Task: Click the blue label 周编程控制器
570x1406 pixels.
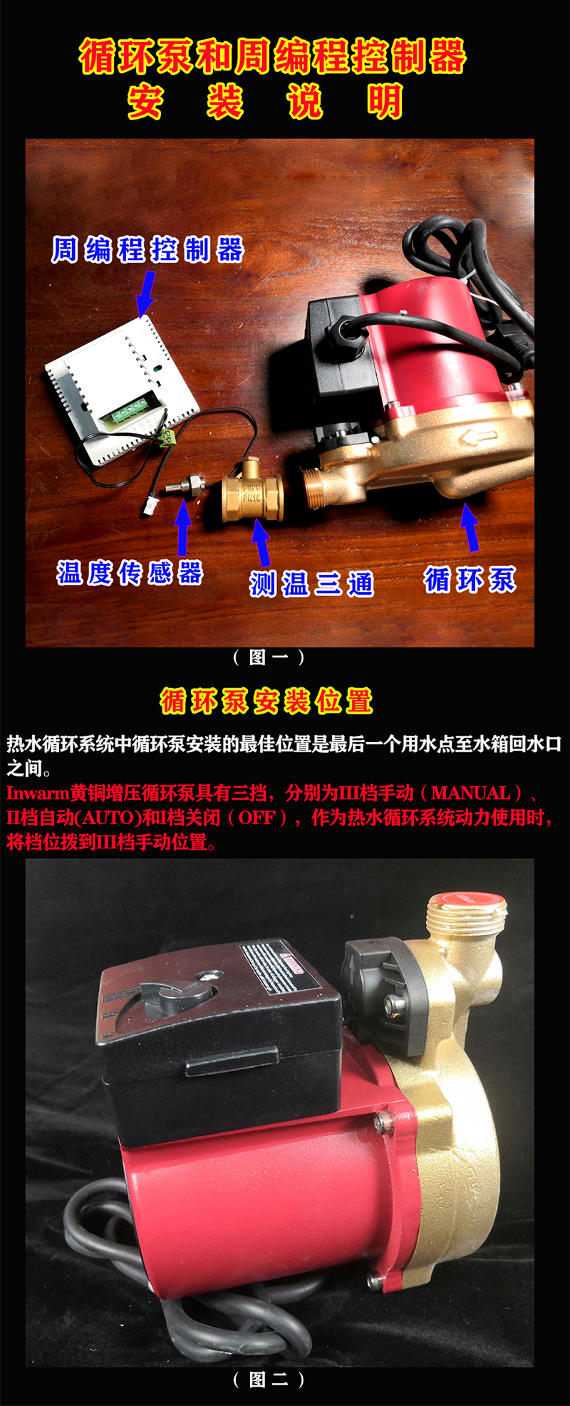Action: click(147, 250)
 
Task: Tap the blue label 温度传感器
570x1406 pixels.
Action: click(130, 573)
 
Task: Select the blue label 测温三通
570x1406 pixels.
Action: click(311, 583)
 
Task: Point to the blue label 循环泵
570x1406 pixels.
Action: click(470, 580)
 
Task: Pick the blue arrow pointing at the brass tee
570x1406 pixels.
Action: click(261, 541)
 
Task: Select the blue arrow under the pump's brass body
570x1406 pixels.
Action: click(470, 526)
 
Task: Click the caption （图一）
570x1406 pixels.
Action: click(269, 657)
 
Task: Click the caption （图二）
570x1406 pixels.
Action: click(269, 1380)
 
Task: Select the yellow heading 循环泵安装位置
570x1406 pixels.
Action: click(266, 702)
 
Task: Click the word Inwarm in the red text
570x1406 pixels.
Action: click(37, 793)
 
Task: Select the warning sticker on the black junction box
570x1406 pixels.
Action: click(281, 967)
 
